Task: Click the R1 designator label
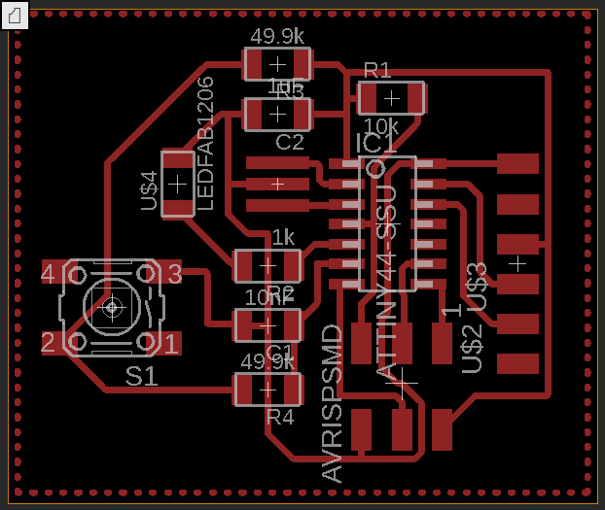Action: pos(377,70)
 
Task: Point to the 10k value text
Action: pos(380,127)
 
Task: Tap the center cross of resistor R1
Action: pos(391,98)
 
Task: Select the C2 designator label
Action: pos(289,143)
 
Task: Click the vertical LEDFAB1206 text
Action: pos(205,143)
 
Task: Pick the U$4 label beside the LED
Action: pos(149,190)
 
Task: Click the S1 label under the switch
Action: pos(141,376)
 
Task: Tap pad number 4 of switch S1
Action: pos(48,274)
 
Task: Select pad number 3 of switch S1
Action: pos(174,274)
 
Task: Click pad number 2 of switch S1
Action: pos(48,342)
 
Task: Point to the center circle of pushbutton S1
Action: pos(111,308)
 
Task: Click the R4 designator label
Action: pos(279,418)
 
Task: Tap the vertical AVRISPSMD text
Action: pos(333,403)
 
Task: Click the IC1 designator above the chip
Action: pos(375,144)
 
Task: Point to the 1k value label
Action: pos(282,238)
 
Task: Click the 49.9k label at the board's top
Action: pos(277,38)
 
